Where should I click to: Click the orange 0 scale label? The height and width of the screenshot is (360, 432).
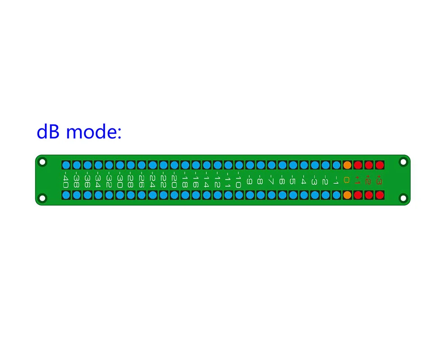pyautogui.click(x=347, y=180)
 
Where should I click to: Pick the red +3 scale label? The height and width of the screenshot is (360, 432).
pyautogui.click(x=379, y=180)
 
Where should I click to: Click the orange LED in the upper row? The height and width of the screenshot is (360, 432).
pyautogui.click(x=347, y=165)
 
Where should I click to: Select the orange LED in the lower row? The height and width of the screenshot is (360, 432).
pyautogui.click(x=347, y=195)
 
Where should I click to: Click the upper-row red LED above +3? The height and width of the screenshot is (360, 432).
pyautogui.click(x=379, y=165)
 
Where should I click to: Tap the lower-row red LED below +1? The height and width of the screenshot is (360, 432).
pyautogui.click(x=358, y=195)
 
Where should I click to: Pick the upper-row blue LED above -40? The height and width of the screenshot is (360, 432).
pyautogui.click(x=66, y=165)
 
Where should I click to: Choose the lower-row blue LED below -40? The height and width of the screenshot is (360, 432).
pyautogui.click(x=66, y=195)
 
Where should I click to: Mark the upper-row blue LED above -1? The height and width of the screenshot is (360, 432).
pyautogui.click(x=336, y=165)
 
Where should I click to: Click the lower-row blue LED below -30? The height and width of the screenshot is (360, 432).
pyautogui.click(x=120, y=195)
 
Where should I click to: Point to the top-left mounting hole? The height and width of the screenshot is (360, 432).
pyautogui.click(x=43, y=162)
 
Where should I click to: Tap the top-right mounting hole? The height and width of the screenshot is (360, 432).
pyautogui.click(x=403, y=162)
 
